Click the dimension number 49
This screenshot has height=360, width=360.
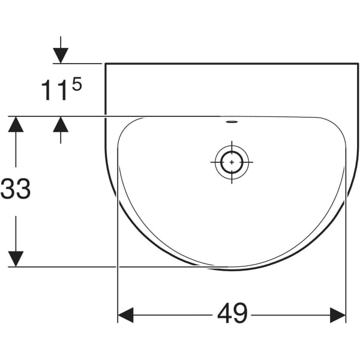[x=232, y=314]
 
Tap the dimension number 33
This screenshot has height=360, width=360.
[x=16, y=190]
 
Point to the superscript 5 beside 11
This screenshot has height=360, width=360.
[x=76, y=84]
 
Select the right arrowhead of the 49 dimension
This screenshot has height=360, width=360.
[x=338, y=314]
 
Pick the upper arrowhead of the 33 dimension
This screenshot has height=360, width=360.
[x=16, y=124]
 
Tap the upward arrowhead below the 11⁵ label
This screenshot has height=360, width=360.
[x=61, y=124]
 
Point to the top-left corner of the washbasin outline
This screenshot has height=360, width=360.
[x=105, y=63]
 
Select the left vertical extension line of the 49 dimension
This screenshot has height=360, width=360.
[x=118, y=288]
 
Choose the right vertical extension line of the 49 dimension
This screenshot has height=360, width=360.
[x=346, y=288]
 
